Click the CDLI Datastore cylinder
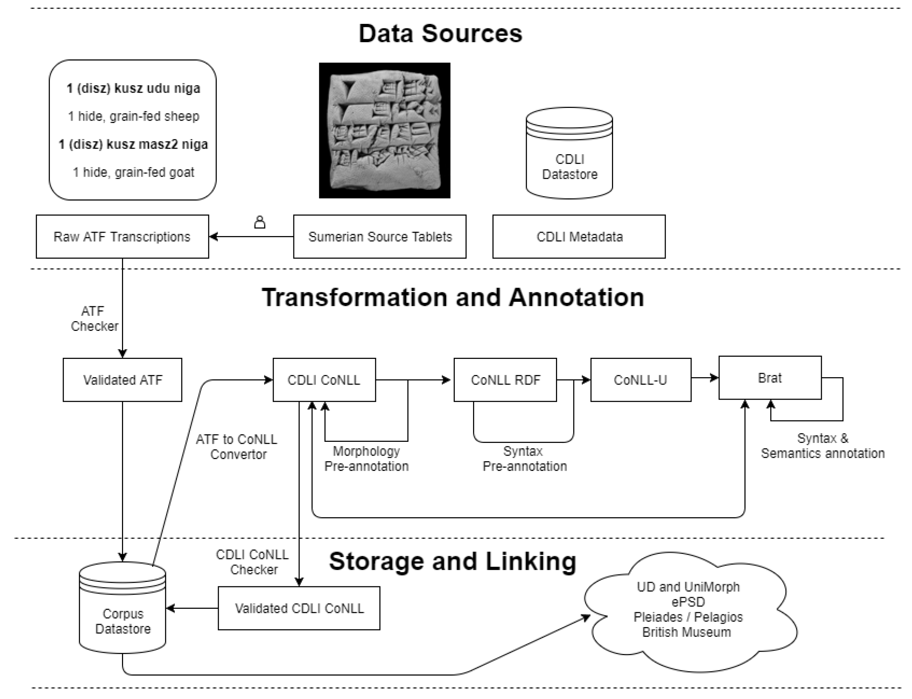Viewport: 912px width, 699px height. [569, 153]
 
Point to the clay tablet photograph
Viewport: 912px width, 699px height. [385, 130]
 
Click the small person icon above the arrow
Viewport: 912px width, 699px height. [260, 222]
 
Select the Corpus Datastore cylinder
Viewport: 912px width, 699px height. [123, 607]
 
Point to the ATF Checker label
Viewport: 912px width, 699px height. [94, 319]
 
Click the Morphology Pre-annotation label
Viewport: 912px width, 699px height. [366, 458]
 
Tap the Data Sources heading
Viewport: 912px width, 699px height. [440, 33]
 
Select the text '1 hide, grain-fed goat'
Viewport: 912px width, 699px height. [133, 172]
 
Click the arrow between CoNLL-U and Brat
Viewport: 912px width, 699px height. [705, 378]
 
